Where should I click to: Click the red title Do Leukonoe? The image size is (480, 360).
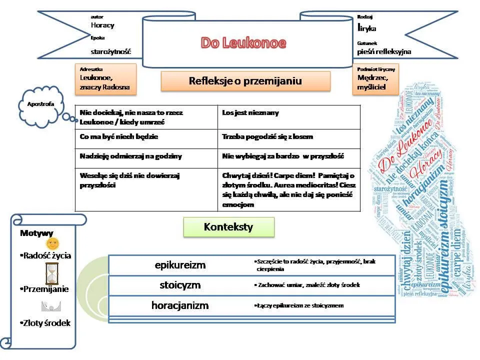[x=243, y=43]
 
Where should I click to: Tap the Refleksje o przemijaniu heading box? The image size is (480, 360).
[x=245, y=81]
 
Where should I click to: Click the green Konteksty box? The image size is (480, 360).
[x=228, y=227]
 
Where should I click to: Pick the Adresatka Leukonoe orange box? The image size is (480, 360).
[x=105, y=78]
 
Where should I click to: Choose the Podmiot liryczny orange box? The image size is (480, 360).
[x=375, y=78]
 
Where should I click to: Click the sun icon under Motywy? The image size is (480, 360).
[x=52, y=243]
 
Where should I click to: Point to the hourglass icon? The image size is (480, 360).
[x=51, y=273]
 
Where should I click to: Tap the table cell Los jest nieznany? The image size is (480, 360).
[x=289, y=117]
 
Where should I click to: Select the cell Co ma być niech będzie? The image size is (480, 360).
[x=146, y=138]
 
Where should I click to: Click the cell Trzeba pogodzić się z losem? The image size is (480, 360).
[x=289, y=138]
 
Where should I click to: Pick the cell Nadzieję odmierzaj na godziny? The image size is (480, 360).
[x=146, y=158]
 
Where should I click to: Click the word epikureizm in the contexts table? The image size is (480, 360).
[x=180, y=265]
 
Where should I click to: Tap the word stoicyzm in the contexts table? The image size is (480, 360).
[x=180, y=285]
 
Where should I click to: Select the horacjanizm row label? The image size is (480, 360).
[x=180, y=305]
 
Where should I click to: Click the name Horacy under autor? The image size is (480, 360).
[x=102, y=25]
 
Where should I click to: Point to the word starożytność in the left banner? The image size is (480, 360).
[x=110, y=51]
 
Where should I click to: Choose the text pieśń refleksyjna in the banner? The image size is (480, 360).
[x=384, y=51]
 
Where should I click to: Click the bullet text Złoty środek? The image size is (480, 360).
[x=46, y=323]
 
